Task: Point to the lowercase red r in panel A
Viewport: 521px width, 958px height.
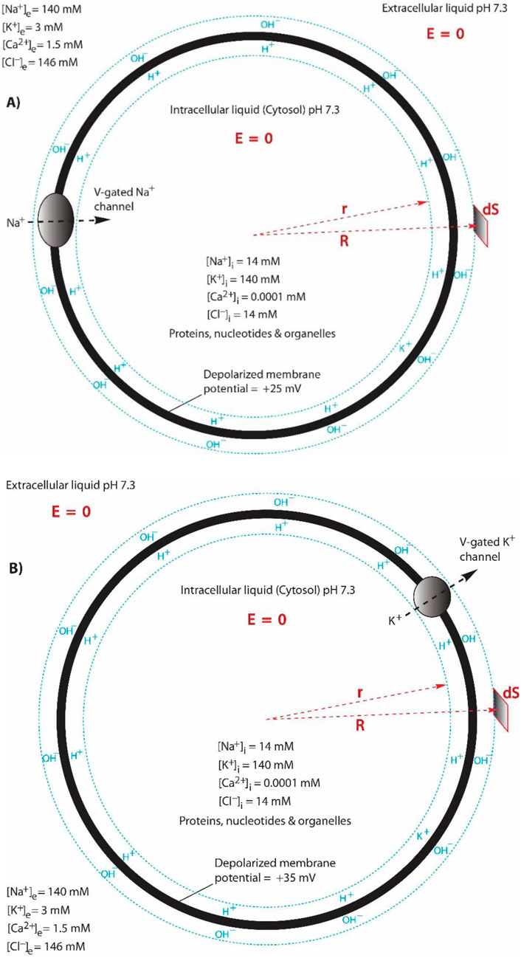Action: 345,187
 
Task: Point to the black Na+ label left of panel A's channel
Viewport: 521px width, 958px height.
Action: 18,221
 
